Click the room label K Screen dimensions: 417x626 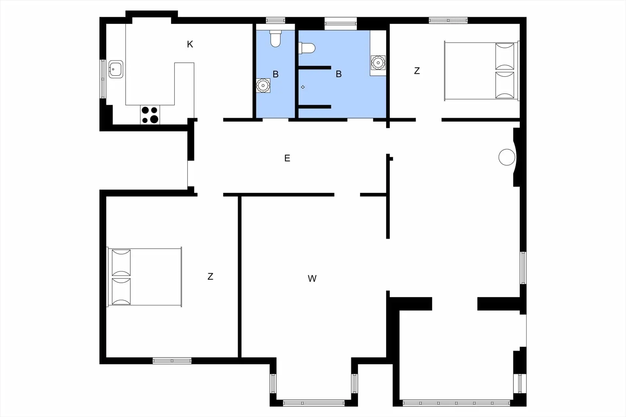tap(190, 44)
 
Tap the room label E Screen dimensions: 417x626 tap(287, 158)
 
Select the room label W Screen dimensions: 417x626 tap(312, 279)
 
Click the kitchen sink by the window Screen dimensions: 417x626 tap(115, 69)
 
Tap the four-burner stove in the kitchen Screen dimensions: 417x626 tap(150, 115)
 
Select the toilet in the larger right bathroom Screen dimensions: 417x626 tap(307, 48)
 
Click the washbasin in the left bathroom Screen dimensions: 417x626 tap(263, 86)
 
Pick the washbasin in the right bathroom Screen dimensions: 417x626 tap(378, 63)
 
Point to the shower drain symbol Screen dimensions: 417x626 tap(303, 87)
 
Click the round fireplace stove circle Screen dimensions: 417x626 tap(507, 157)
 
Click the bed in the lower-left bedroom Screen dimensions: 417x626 tap(145, 277)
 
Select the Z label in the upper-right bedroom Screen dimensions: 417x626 tap(417, 71)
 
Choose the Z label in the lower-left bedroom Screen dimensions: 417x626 tap(210, 277)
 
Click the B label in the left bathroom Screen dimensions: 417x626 tap(276, 74)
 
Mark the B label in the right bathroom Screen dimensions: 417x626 tap(339, 74)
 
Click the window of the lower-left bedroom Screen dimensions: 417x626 tap(172, 361)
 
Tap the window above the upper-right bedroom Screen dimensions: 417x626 tap(448, 21)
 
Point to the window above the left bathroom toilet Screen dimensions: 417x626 tap(276, 21)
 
